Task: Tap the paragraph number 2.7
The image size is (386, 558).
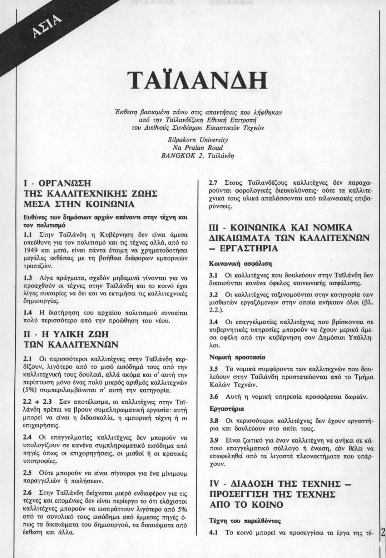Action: click(x=214, y=183)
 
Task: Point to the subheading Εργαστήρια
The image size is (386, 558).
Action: click(x=226, y=409)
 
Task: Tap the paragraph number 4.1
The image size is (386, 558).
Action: click(x=214, y=532)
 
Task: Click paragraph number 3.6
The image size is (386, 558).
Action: click(x=214, y=397)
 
